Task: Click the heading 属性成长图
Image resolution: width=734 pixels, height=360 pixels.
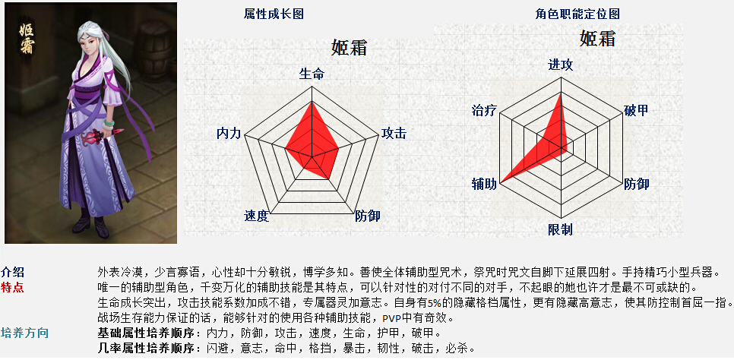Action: [274, 14]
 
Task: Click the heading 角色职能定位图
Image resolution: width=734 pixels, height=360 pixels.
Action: [577, 14]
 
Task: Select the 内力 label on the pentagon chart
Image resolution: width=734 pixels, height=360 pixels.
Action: [229, 134]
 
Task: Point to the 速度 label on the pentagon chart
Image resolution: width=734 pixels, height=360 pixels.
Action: [256, 216]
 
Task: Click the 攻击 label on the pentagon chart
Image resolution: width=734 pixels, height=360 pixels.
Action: [394, 134]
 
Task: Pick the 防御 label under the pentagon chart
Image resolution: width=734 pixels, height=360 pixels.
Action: [367, 216]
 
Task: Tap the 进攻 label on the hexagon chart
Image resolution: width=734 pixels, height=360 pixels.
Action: [560, 65]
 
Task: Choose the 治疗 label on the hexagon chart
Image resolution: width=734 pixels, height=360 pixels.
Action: [484, 111]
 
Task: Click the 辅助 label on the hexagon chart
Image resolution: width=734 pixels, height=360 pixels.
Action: [484, 185]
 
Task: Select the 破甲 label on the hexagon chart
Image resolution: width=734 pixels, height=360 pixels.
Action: [637, 111]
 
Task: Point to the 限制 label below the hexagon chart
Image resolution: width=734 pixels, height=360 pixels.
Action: [560, 229]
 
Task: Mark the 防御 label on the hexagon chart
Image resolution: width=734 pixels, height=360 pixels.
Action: [637, 184]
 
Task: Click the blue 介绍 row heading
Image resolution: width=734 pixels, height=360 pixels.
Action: [13, 272]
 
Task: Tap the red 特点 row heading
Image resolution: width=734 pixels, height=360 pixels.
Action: [13, 287]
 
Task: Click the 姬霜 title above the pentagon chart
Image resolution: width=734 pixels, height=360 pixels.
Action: [350, 47]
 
